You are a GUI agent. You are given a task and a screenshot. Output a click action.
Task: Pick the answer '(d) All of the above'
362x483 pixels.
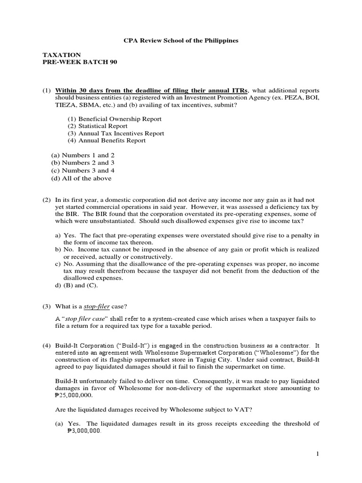(x=82, y=178)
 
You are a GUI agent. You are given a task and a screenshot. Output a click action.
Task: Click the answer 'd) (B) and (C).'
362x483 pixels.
(x=77, y=286)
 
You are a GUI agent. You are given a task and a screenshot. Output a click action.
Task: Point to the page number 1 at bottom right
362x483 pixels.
(x=318, y=454)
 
